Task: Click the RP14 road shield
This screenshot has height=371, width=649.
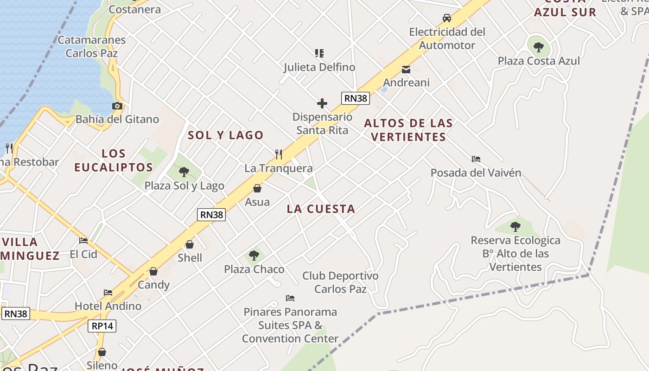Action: point(102,326)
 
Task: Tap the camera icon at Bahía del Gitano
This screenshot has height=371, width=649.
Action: point(117,106)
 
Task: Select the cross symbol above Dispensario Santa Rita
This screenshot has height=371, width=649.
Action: point(322,103)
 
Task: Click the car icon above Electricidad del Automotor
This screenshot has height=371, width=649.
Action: point(447,18)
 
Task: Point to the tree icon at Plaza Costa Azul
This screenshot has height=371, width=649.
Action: point(539,47)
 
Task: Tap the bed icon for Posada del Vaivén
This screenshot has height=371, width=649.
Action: point(476,159)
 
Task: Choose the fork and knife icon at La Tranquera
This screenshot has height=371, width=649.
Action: point(279,154)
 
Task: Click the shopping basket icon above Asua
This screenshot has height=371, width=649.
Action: point(257,188)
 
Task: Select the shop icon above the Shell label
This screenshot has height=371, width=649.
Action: point(190,244)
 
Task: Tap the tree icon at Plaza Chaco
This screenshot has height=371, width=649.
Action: point(254,255)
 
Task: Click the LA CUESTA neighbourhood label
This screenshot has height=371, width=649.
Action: point(321,209)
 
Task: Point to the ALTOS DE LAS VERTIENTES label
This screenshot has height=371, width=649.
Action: point(408,130)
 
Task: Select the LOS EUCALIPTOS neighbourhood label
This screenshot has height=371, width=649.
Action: point(114,160)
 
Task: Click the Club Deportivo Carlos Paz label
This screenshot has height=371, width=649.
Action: point(340,282)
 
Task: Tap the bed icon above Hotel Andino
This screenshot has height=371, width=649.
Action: point(108,293)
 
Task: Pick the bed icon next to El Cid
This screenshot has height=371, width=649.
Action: point(83,241)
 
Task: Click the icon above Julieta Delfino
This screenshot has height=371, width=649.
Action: point(319,53)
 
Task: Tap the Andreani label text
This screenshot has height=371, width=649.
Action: point(406,83)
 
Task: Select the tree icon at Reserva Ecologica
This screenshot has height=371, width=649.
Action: point(515,227)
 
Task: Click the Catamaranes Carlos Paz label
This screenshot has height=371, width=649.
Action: point(91,46)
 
